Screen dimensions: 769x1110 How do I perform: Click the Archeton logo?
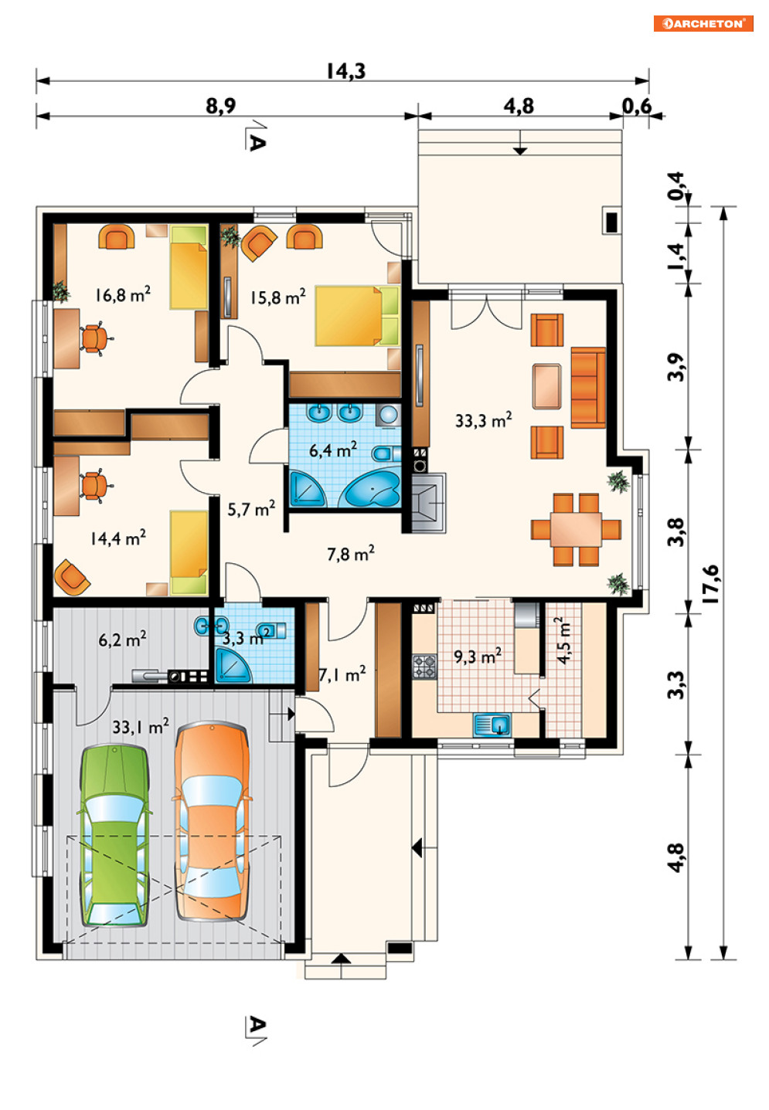click(703, 23)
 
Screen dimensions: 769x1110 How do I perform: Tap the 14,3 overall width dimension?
click(345, 71)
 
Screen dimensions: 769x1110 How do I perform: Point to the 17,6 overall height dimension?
click(711, 584)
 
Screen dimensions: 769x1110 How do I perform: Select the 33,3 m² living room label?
click(483, 420)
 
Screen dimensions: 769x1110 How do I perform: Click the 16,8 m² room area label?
click(123, 294)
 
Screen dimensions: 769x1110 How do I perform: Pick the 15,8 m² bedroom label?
click(277, 297)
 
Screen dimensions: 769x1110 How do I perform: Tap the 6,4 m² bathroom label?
click(332, 450)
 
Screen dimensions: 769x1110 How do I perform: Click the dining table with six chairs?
click(576, 530)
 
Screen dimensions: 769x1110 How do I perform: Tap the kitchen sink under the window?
click(492, 725)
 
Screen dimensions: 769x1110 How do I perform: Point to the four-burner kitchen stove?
click(424, 666)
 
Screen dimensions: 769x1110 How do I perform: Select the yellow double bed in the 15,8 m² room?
click(356, 316)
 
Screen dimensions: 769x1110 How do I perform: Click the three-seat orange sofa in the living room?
click(588, 388)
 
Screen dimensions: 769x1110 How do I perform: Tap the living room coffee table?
click(547, 386)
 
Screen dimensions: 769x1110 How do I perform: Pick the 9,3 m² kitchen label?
click(478, 656)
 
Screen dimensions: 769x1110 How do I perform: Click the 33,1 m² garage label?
click(141, 726)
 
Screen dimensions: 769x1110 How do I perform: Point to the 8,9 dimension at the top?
click(220, 106)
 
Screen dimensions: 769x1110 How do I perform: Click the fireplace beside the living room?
click(428, 502)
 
